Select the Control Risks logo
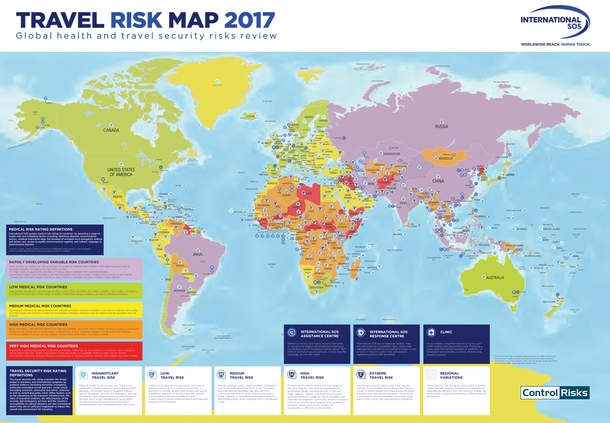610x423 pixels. [x=555, y=392]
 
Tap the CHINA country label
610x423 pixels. [x=438, y=180]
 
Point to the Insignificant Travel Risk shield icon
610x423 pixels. [x=83, y=375]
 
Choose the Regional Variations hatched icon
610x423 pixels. [x=431, y=375]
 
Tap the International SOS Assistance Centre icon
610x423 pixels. [x=291, y=333]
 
